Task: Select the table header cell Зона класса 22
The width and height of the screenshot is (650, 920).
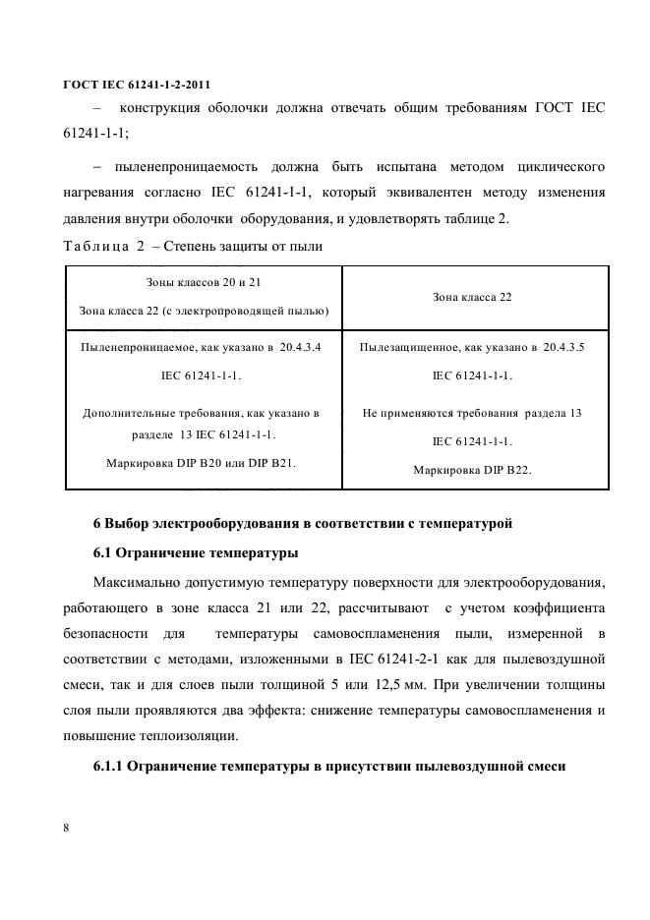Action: pyautogui.click(x=472, y=296)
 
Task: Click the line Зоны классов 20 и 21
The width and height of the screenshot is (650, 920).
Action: pyautogui.click(x=203, y=282)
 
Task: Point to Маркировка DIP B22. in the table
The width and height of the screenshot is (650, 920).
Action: pyautogui.click(x=472, y=470)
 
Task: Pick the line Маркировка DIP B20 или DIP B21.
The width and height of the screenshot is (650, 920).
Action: pyautogui.click(x=203, y=461)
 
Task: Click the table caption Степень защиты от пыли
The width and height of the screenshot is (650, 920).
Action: pyautogui.click(x=241, y=244)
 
